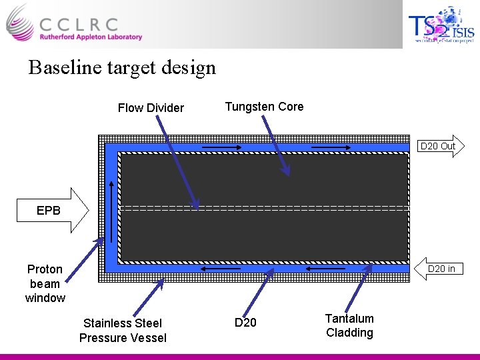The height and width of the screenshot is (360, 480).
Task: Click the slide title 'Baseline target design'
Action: click(122, 68)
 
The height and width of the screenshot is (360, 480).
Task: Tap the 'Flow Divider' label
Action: click(151, 108)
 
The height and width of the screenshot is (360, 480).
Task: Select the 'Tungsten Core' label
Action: click(264, 107)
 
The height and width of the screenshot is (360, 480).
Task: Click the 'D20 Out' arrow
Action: click(439, 146)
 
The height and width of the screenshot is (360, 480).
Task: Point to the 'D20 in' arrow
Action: click(439, 269)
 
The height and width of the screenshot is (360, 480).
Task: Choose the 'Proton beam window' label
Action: click(45, 283)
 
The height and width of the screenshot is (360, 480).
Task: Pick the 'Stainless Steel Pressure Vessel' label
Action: click(123, 331)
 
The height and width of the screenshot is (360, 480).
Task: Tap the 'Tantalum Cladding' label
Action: click(349, 325)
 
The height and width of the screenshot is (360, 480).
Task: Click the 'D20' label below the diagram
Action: click(245, 323)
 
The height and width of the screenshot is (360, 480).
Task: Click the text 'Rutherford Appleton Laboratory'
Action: click(91, 37)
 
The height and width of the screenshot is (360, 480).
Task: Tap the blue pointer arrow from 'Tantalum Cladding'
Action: click(359, 287)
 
